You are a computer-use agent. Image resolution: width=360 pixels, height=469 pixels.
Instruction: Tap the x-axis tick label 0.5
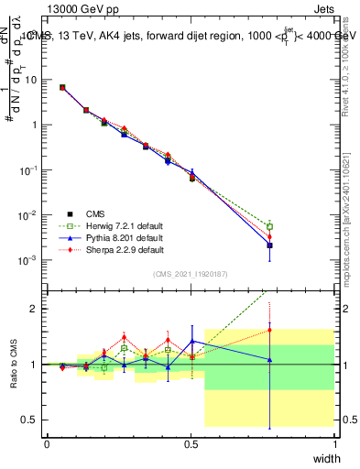pyautogui.click(x=191, y=444)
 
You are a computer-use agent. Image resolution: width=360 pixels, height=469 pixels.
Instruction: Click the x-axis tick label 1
pyautogui.click(x=335, y=444)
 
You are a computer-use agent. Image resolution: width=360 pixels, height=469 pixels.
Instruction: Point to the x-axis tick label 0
pyautogui.click(x=47, y=444)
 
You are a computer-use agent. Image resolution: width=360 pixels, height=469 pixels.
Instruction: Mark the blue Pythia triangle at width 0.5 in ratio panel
pyautogui.click(x=191, y=341)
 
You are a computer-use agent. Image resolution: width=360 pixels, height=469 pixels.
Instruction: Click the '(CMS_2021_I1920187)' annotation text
pyautogui.click(x=191, y=273)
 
